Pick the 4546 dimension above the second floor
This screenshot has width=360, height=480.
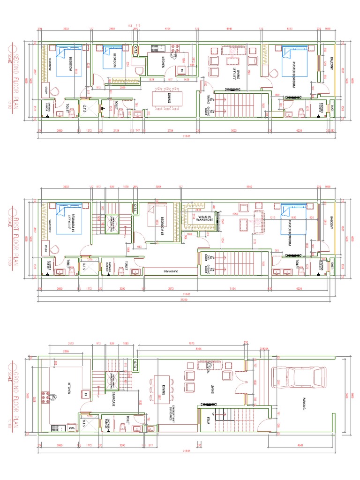(x=229, y=29)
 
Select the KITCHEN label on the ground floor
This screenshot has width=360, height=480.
(x=69, y=389)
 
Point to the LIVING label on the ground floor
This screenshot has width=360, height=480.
(x=212, y=389)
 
